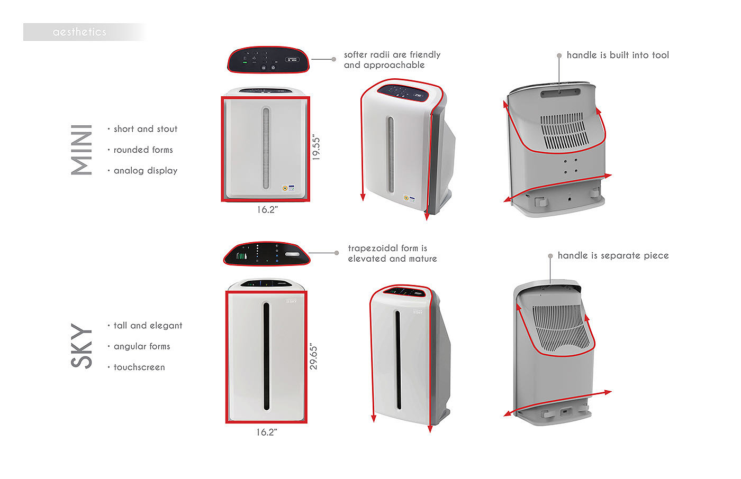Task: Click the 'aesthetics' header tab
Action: [x=79, y=32]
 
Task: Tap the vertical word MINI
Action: [x=82, y=150]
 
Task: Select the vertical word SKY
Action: [x=82, y=346]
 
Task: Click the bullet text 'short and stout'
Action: [x=145, y=129]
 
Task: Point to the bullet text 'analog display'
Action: [x=145, y=171]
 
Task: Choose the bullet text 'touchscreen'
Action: [x=139, y=367]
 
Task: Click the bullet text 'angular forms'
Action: [x=141, y=346]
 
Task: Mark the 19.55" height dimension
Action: [x=316, y=148]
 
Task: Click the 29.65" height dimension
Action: [x=313, y=356]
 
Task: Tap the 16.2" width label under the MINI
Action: [x=267, y=210]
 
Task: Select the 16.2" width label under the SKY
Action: [x=267, y=432]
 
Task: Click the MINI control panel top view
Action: [x=268, y=59]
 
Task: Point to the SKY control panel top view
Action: [x=267, y=253]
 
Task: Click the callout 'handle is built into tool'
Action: [x=617, y=55]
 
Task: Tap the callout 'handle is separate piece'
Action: [x=613, y=255]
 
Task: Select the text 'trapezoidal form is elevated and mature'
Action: [x=392, y=253]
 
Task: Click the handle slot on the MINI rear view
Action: [x=560, y=93]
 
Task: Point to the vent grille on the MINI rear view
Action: [x=564, y=131]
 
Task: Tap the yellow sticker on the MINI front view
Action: [x=285, y=187]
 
